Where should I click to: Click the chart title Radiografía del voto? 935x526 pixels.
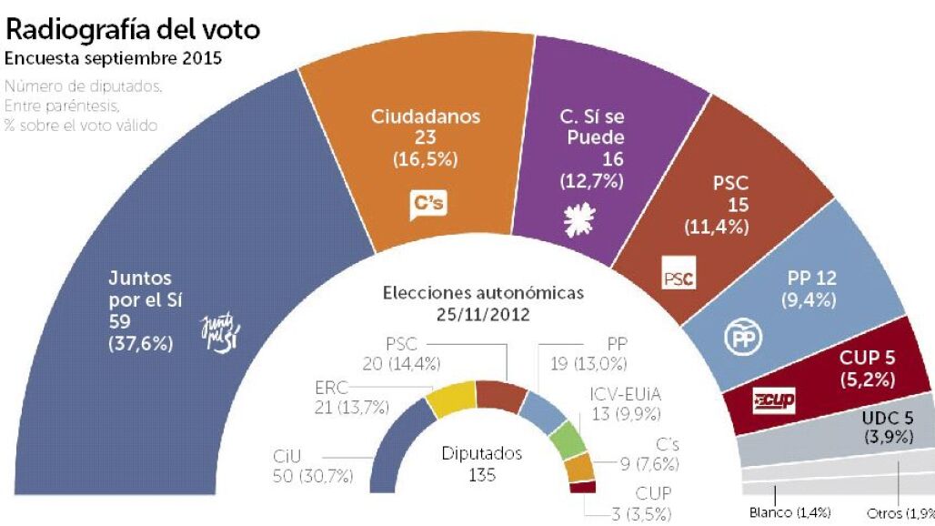[133, 29]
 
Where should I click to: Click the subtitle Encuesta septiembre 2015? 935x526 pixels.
[113, 59]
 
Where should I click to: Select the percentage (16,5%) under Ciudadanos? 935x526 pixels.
[425, 159]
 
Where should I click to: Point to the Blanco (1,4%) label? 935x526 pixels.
[789, 512]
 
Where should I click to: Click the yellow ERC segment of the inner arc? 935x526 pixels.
[452, 399]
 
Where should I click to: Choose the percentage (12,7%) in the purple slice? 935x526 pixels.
[591, 180]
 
